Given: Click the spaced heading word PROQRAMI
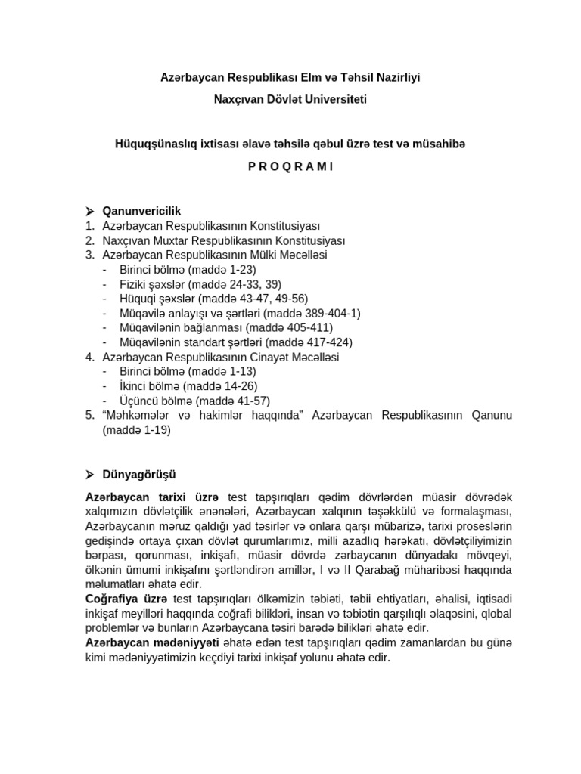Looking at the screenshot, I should point(290,167).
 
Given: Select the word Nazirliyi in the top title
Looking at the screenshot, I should point(396,77).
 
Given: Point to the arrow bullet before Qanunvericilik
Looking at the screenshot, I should point(89,211).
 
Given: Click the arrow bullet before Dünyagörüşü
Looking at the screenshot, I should point(89,474).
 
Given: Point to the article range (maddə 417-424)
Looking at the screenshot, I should point(305,342).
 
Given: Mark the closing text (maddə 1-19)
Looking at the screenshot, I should point(137,430).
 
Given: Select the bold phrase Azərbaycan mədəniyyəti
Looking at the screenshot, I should point(151,642).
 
